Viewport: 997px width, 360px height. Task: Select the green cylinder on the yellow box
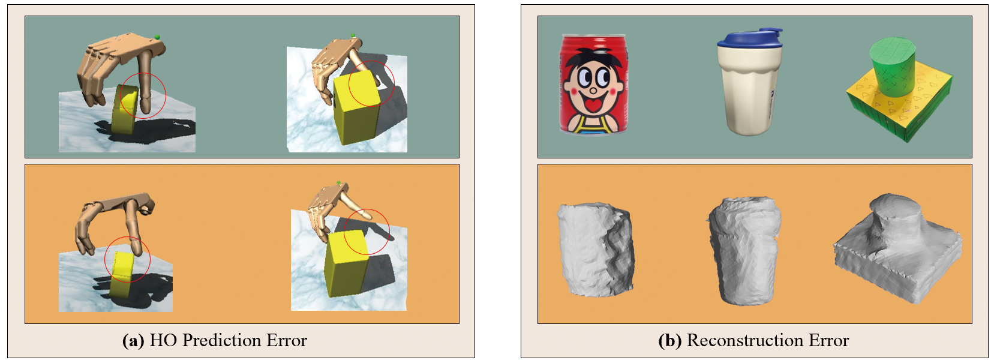click(891, 67)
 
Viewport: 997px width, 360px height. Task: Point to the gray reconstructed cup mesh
click(744, 251)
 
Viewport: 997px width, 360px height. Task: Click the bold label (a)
click(133, 341)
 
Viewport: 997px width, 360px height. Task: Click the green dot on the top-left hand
click(157, 37)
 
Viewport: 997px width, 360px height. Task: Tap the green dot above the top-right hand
click(353, 35)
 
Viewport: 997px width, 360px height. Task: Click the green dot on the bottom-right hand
click(339, 182)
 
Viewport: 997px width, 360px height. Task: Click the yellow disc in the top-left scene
click(125, 109)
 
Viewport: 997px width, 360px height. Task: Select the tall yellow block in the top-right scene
click(356, 109)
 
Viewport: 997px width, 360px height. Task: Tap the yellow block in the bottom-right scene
click(347, 263)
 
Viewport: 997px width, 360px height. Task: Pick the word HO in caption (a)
click(163, 341)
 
